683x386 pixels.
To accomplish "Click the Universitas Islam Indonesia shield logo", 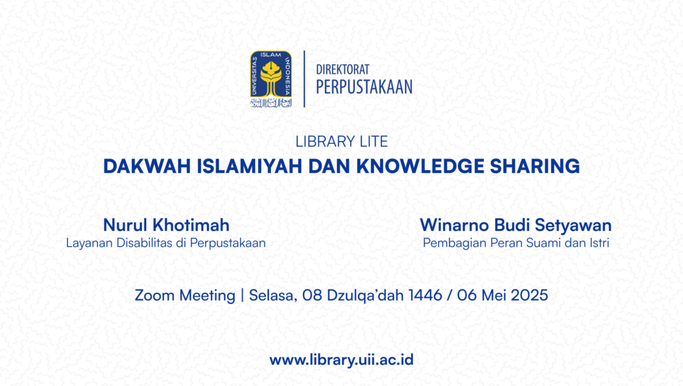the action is click(x=271, y=74).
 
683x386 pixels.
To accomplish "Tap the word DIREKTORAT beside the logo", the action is click(x=342, y=70).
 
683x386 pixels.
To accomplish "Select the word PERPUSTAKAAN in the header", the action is click(x=364, y=87).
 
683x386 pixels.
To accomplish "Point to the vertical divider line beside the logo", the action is click(x=304, y=79).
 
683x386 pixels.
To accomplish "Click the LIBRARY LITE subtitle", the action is click(x=341, y=142).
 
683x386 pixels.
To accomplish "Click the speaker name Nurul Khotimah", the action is click(x=166, y=225).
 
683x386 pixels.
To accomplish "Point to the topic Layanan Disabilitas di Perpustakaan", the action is click(x=166, y=243).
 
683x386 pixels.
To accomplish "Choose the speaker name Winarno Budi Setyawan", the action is click(x=516, y=225).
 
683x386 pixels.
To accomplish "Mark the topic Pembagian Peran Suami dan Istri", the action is click(x=516, y=243).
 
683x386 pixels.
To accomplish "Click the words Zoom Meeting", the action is click(x=185, y=295).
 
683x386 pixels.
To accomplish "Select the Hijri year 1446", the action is click(x=425, y=295).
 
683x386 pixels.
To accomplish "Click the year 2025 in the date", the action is click(x=529, y=295).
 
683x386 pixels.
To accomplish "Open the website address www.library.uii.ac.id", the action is click(x=341, y=360).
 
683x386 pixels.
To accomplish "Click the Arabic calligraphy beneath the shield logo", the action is click(x=271, y=103).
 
